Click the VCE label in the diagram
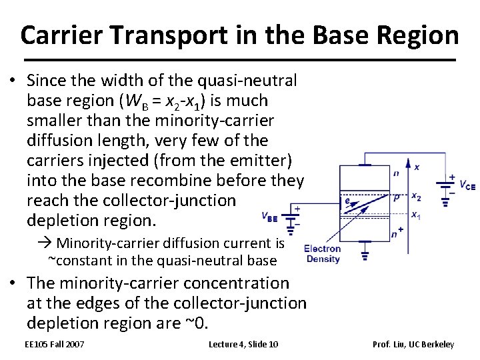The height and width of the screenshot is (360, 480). [467, 186]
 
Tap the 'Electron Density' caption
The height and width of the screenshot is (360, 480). [322, 253]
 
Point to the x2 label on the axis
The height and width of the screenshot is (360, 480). [416, 196]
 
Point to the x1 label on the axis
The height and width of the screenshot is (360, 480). [416, 214]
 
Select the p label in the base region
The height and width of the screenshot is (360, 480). [397, 198]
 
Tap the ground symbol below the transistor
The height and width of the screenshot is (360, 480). [365, 254]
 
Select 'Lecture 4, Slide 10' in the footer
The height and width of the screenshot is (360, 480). [243, 344]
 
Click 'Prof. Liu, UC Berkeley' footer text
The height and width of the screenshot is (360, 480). [413, 344]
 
